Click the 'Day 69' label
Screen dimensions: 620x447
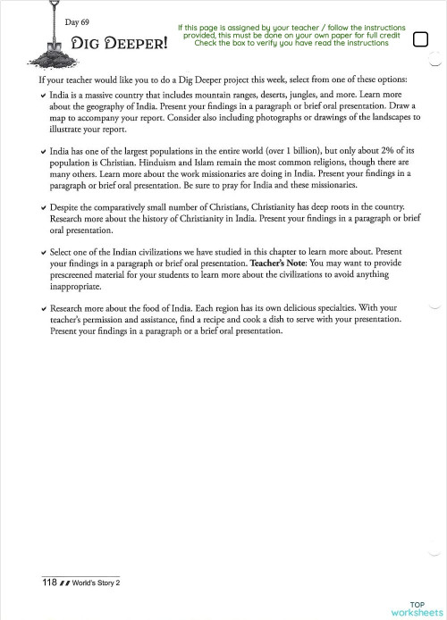tap(77, 21)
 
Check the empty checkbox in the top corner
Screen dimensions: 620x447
tap(421, 38)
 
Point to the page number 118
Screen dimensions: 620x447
tap(50, 582)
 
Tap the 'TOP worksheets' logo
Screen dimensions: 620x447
tap(417, 608)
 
